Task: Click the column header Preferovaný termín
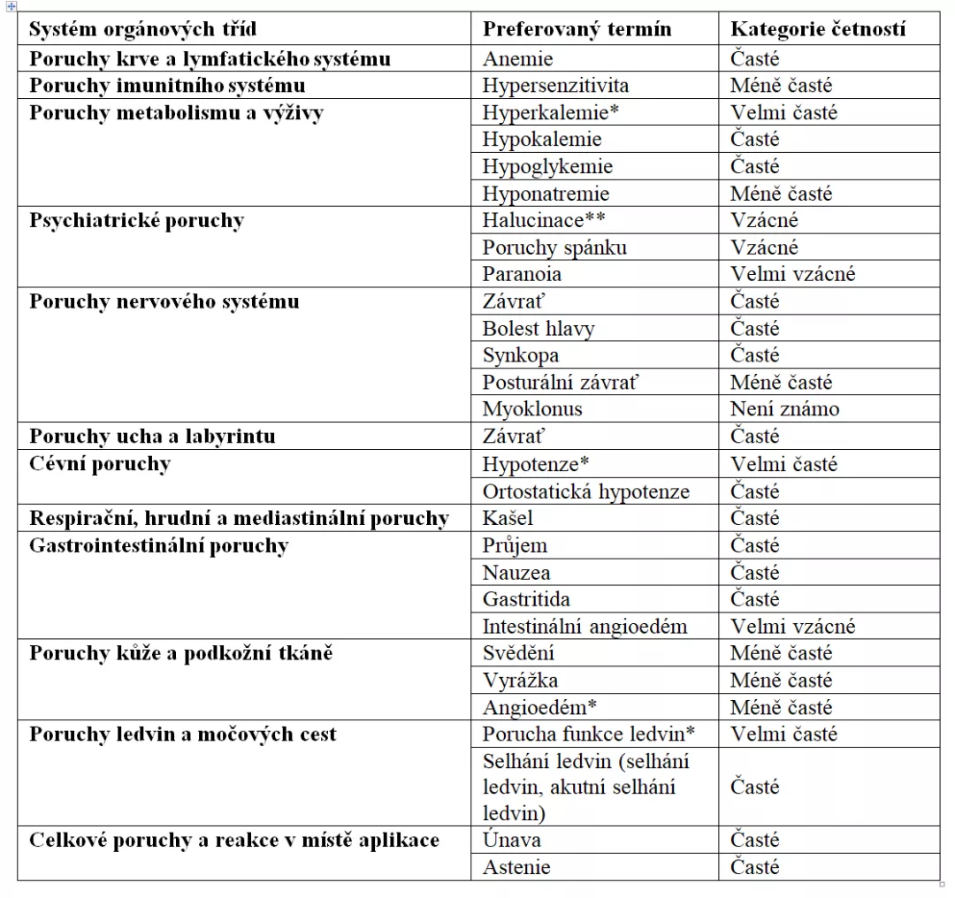[x=577, y=29]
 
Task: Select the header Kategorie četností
[x=818, y=29]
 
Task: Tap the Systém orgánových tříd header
[x=143, y=29]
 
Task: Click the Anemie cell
[x=518, y=59]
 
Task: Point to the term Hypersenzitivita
[x=555, y=86]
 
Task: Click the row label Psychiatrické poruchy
[x=136, y=221]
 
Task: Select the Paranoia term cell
[x=522, y=274]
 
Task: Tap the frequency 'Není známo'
[x=784, y=409]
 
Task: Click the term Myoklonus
[x=532, y=409]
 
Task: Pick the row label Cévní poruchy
[x=100, y=464]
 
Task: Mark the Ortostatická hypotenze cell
[x=586, y=491]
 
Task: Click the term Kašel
[x=508, y=518]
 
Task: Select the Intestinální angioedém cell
[x=584, y=627]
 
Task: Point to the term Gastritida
[x=526, y=599]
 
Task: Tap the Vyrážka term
[x=520, y=681]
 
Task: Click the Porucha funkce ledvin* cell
[x=589, y=734]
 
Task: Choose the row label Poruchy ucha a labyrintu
[x=152, y=437]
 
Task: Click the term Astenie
[x=516, y=867]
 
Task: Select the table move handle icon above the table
[x=11, y=7]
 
